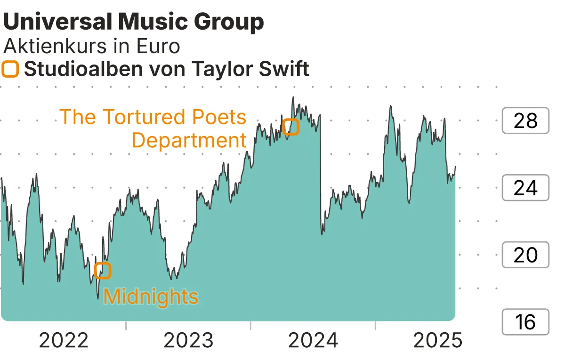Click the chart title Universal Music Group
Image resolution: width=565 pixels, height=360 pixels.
134,22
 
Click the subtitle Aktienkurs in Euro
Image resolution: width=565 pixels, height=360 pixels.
91,46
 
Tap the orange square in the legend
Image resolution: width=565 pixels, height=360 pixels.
10,69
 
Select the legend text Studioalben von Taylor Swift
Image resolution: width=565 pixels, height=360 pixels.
166,69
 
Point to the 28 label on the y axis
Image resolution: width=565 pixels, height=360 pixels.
525,121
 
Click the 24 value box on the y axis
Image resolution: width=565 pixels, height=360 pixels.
525,188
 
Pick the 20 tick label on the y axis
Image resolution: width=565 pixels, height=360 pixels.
525,255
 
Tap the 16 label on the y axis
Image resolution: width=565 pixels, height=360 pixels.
525,322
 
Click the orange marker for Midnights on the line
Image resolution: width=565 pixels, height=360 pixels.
103,270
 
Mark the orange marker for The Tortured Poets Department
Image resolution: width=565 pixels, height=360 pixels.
291,126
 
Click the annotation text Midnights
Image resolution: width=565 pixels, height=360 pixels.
151,297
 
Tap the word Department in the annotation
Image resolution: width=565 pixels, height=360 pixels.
189,140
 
